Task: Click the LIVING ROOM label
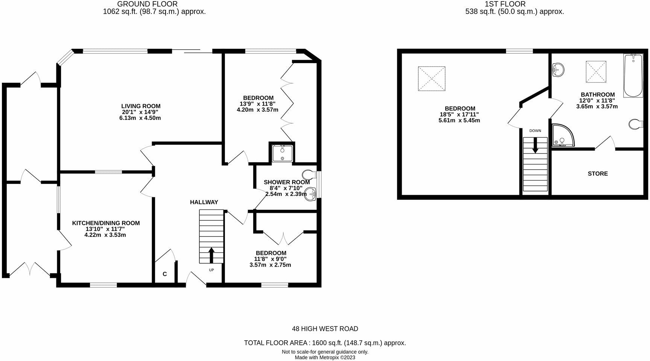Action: click(x=141, y=106)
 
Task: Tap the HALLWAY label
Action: click(x=204, y=202)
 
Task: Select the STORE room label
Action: click(x=598, y=174)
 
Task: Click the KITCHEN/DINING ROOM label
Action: click(x=106, y=223)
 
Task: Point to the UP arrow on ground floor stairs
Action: click(x=211, y=255)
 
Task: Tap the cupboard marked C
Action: click(x=165, y=274)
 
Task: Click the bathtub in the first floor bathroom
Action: click(x=633, y=76)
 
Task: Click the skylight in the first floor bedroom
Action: click(x=431, y=79)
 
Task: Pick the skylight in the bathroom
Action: click(x=596, y=71)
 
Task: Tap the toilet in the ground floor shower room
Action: click(x=310, y=174)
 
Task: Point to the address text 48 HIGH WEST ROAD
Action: click(x=325, y=329)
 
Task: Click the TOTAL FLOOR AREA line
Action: click(x=325, y=343)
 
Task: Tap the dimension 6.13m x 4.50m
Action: click(x=141, y=118)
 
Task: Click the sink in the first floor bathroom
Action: click(x=558, y=70)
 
